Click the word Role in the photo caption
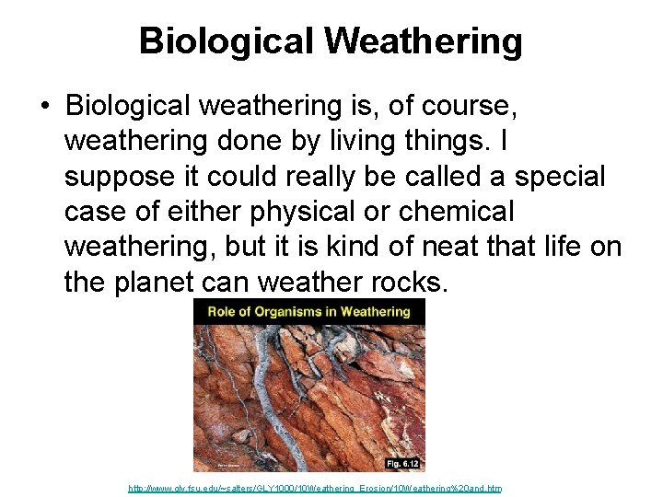coord(224,311)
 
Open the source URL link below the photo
coord(314,489)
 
